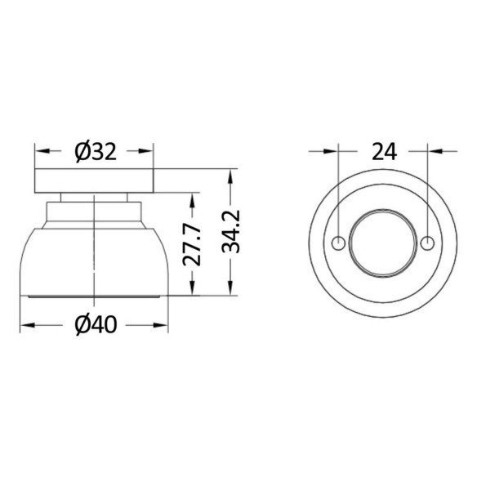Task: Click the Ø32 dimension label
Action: [x=96, y=152]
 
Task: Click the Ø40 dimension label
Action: [x=96, y=325]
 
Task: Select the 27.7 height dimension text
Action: [x=192, y=246]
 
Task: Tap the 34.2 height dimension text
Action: [x=230, y=232]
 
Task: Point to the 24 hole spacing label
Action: [x=384, y=151]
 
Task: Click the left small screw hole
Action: [x=338, y=243]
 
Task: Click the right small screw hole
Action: [x=427, y=243]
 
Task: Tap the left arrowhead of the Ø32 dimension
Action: [x=42, y=151]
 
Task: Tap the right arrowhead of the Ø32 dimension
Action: [x=146, y=151]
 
